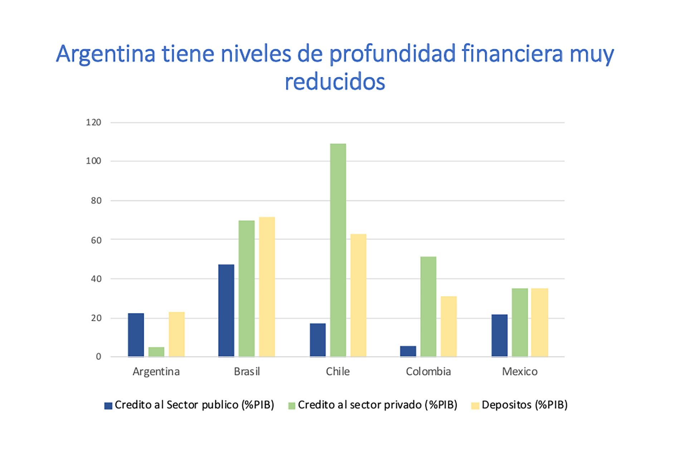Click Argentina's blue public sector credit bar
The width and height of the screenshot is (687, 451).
click(x=136, y=335)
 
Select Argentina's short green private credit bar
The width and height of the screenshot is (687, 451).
click(x=156, y=351)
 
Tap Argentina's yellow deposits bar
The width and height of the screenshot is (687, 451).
click(x=177, y=334)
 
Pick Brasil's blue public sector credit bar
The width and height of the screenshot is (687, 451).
click(x=226, y=310)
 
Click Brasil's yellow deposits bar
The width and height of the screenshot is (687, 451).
click(x=267, y=287)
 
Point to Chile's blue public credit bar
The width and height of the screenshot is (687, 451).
click(x=318, y=340)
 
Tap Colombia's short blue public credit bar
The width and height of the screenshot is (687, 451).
click(x=408, y=351)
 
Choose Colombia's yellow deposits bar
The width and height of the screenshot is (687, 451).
click(x=449, y=326)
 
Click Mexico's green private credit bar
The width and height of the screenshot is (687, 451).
click(x=520, y=322)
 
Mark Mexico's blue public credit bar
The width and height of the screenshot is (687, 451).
click(x=499, y=335)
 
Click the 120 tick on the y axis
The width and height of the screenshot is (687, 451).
click(x=94, y=122)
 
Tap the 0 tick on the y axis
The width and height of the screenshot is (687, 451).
click(x=98, y=357)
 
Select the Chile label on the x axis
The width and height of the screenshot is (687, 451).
click(x=338, y=372)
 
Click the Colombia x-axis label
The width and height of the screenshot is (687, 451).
click(x=428, y=372)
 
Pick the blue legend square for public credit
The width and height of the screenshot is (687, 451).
click(x=108, y=406)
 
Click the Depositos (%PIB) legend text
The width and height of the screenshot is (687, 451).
click(x=525, y=405)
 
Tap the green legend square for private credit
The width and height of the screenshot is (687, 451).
click(x=292, y=406)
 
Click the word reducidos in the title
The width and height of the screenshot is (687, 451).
click(x=335, y=82)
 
